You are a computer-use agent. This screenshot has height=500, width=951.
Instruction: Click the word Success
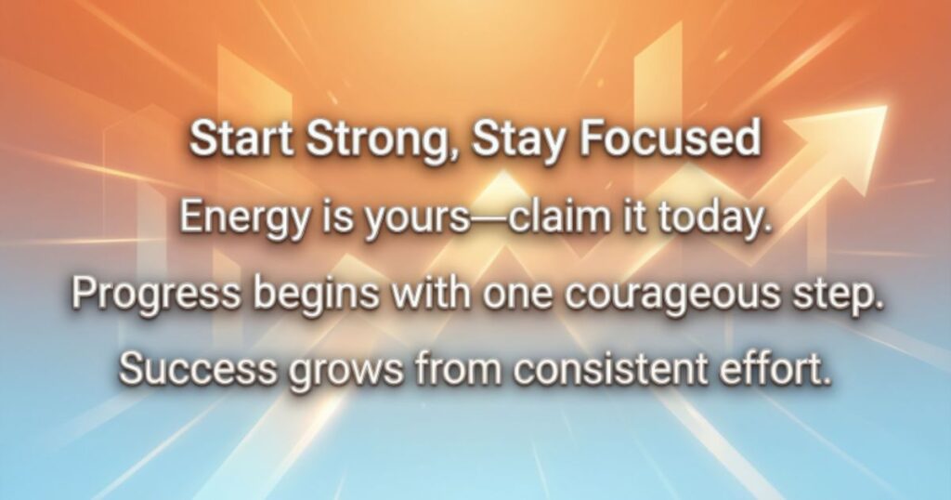(197, 368)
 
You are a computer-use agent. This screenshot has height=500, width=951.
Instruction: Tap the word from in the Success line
(459, 368)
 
